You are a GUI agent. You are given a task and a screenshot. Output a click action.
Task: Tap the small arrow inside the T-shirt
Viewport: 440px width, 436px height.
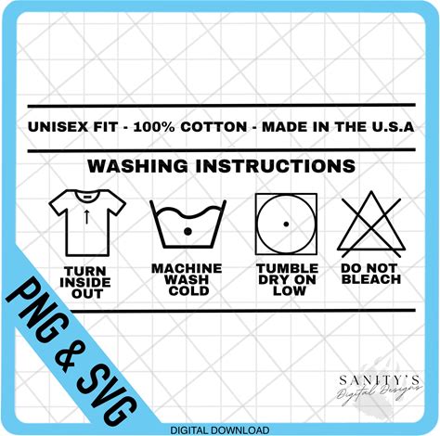click(x=87, y=216)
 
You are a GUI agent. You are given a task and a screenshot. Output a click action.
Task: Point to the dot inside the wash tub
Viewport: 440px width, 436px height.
click(x=188, y=231)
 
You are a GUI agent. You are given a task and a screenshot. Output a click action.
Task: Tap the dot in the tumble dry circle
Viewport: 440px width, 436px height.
click(x=286, y=224)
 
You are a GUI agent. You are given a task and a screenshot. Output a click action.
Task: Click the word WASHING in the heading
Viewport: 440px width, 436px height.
click(x=137, y=166)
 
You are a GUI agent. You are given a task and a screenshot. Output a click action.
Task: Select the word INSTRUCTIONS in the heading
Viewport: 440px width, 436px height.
click(x=276, y=166)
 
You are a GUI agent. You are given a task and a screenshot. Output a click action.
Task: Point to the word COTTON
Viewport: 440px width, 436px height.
click(x=214, y=127)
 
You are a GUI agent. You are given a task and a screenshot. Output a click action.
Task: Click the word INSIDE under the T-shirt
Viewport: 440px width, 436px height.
click(x=85, y=282)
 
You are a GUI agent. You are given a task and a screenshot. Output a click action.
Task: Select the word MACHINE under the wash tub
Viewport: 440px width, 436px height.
click(x=187, y=268)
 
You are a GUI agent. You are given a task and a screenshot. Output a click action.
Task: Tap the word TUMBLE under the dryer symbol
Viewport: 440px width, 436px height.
click(x=288, y=268)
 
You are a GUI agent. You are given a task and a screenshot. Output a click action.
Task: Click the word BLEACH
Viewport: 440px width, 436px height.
click(x=371, y=279)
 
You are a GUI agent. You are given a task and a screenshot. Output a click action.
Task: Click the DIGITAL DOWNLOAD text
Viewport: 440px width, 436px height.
click(x=220, y=430)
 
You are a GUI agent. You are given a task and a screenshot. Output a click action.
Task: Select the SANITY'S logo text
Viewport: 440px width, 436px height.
click(x=380, y=380)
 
